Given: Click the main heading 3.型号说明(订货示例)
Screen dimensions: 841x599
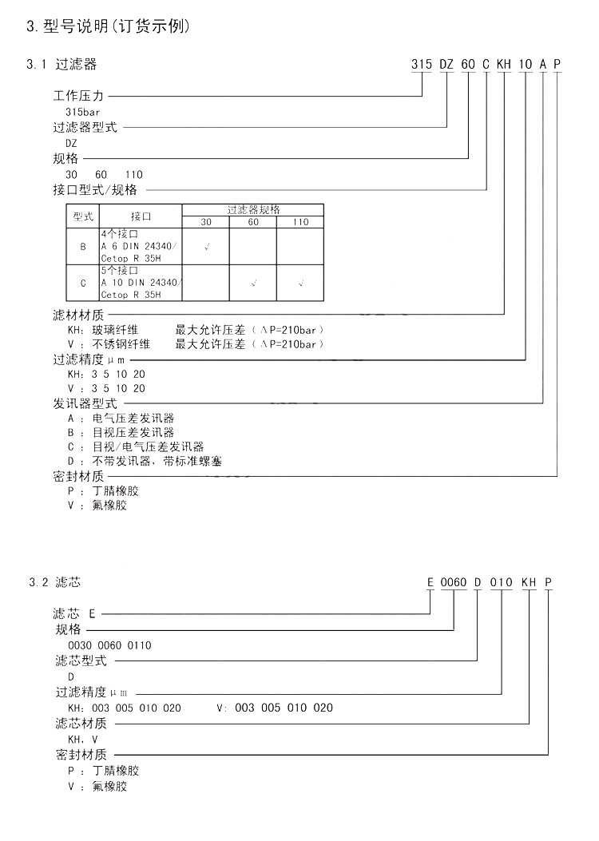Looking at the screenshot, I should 109,27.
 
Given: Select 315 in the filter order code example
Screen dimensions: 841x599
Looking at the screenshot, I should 421,65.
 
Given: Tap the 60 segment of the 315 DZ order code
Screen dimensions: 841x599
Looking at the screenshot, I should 469,65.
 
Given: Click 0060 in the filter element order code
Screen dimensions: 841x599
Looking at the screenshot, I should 454,582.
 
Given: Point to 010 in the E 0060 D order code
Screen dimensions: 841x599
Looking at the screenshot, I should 501,582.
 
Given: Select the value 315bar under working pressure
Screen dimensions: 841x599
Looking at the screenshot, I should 84,112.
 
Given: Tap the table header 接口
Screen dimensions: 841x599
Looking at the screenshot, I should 141,216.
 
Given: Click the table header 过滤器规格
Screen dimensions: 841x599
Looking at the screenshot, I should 253,209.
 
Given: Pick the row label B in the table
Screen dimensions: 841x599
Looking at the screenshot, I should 83,248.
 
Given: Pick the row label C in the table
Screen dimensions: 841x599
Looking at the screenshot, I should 83,283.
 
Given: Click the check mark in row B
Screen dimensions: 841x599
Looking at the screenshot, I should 206,248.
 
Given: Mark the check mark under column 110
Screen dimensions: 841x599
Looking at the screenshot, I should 300,283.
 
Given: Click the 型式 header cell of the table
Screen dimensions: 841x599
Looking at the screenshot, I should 83,216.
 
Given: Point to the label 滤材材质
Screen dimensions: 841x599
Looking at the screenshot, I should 78,315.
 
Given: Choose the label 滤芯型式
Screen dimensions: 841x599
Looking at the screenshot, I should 80,661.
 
